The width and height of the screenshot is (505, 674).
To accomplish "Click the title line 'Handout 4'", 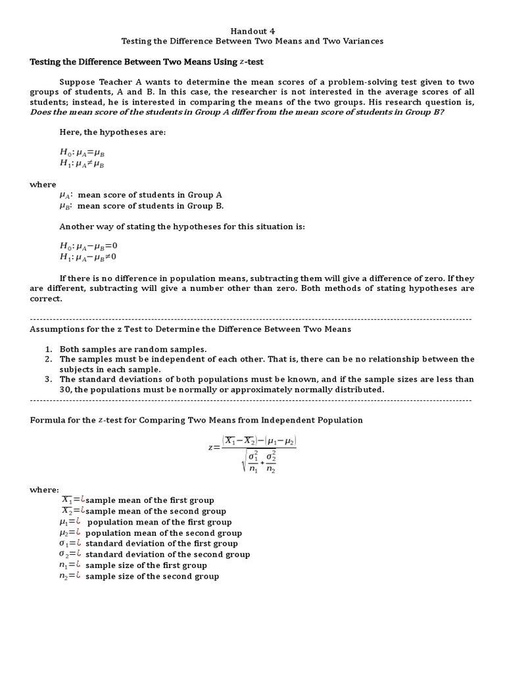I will point(252,30).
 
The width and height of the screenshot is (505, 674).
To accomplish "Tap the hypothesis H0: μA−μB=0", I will point(88,246).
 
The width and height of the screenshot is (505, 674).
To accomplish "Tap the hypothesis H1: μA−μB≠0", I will point(88,257).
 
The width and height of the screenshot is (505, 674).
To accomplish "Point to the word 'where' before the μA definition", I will point(43,184).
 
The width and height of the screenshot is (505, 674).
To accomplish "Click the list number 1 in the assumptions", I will point(48,349).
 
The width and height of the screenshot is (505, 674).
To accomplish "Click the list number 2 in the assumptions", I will point(48,359).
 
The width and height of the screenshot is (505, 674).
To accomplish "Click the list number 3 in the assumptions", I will point(48,379).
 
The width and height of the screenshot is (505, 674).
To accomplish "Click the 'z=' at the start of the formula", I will point(213,448).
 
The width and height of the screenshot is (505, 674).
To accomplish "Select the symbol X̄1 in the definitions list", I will point(68,500).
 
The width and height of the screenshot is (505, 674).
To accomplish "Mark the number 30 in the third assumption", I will point(65,390).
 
